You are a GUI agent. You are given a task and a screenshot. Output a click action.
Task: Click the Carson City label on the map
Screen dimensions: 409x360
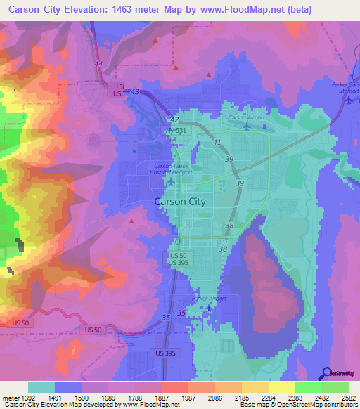point(179,201)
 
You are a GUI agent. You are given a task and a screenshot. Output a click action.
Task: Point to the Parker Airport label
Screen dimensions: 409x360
point(210,298)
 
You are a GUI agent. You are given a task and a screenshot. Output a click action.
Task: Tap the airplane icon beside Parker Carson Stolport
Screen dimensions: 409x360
point(349,99)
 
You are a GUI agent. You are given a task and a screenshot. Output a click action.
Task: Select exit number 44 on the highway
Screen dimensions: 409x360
point(98,64)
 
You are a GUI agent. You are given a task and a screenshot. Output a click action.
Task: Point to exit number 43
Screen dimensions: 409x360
point(135,92)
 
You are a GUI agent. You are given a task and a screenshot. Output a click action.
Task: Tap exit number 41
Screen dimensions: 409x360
point(217,142)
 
